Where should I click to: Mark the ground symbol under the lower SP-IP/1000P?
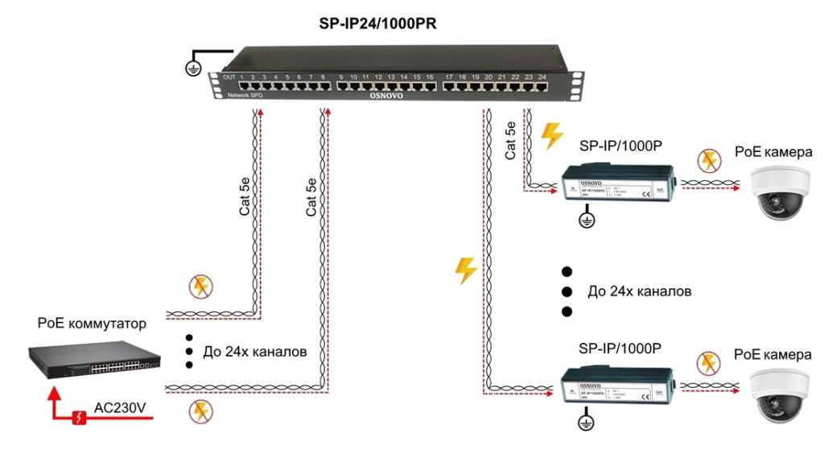[587, 420]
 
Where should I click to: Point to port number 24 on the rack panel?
[542, 77]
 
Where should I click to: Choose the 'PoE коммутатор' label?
[92, 324]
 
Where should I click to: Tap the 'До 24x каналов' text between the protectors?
[640, 291]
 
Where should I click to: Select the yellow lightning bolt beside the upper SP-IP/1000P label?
[553, 136]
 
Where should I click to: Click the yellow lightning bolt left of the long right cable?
[466, 270]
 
